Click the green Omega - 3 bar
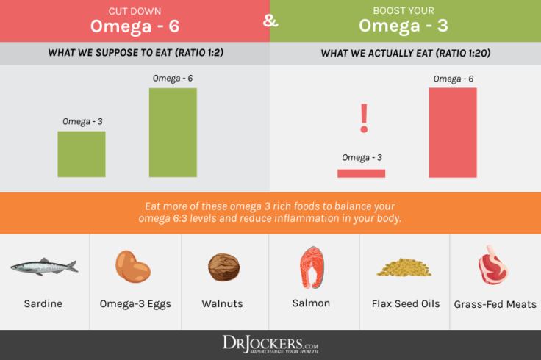(x=82, y=154)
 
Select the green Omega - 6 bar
(x=173, y=132)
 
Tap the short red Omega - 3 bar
(x=361, y=173)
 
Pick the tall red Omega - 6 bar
(x=453, y=132)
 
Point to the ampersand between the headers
(x=270, y=20)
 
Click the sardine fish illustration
(x=44, y=266)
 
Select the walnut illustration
(x=223, y=267)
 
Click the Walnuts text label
(x=223, y=303)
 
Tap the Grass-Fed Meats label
(x=495, y=304)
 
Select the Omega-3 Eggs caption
(x=135, y=303)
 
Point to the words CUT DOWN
(x=135, y=10)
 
